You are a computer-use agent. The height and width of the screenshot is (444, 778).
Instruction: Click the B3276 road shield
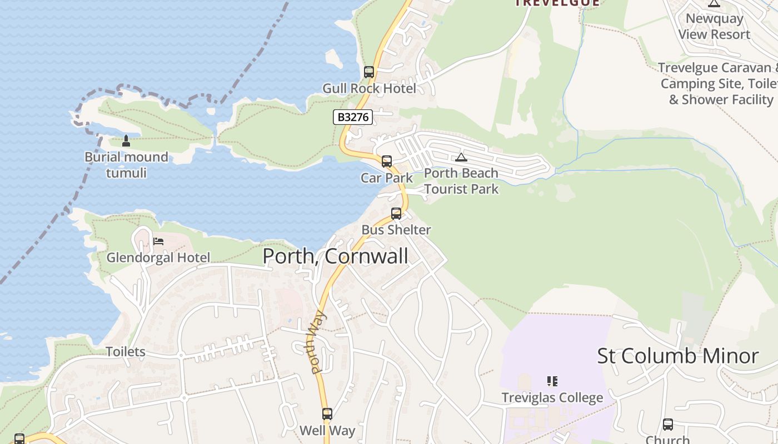[353, 118]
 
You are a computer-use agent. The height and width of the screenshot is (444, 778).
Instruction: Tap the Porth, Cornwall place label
[335, 256]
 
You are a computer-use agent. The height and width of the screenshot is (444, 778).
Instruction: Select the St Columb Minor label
[677, 356]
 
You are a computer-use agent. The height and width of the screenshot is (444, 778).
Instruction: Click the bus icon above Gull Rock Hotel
[369, 72]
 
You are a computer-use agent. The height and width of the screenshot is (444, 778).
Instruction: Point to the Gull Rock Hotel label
[369, 88]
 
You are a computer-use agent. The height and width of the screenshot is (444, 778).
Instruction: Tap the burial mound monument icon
[126, 141]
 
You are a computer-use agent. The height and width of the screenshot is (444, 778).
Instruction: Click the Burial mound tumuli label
[126, 165]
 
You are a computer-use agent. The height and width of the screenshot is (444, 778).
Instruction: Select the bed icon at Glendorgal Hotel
[158, 241]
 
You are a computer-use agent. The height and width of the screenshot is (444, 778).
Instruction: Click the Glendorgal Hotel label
[158, 258]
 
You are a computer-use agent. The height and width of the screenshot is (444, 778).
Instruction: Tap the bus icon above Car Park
[387, 162]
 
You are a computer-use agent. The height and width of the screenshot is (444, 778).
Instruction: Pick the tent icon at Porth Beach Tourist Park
[461, 157]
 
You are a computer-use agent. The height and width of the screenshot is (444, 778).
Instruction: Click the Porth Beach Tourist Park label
[461, 181]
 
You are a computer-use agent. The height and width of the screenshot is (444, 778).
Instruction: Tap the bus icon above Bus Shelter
[396, 214]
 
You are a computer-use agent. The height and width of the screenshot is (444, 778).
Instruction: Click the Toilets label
[126, 352]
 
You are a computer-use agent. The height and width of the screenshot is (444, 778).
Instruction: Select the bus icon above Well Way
[327, 414]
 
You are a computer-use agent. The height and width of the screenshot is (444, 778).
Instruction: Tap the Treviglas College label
[552, 397]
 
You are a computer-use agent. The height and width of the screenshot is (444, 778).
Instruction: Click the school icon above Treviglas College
[552, 381]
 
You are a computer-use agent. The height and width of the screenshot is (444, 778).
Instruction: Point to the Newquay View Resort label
[714, 26]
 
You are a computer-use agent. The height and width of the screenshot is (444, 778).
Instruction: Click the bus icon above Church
[668, 425]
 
